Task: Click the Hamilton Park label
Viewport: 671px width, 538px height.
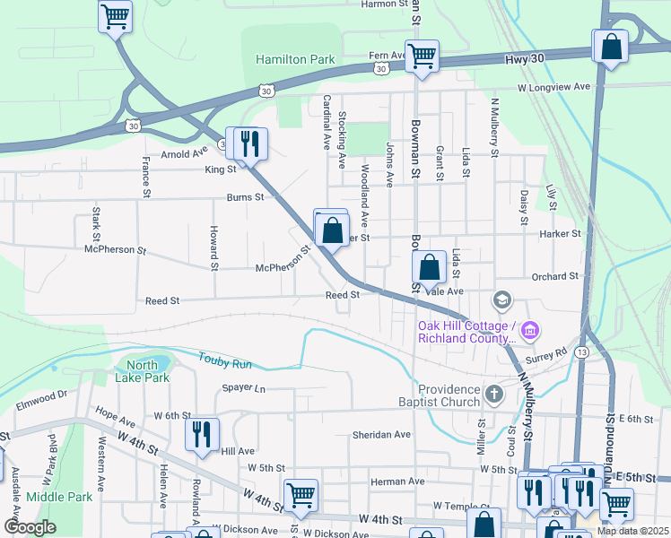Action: point(295,60)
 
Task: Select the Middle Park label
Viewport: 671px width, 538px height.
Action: point(59,496)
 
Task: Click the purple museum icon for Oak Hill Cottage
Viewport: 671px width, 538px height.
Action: point(529,332)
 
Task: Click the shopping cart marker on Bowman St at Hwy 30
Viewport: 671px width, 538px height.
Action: point(422,56)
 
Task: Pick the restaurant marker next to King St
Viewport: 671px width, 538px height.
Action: point(250,143)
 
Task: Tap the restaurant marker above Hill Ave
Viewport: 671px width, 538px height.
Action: point(202,434)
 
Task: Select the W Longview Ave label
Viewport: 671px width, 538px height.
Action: point(554,87)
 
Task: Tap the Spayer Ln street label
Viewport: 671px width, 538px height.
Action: point(244,388)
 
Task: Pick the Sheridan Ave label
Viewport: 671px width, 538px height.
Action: point(381,434)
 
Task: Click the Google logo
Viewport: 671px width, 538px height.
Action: point(30,527)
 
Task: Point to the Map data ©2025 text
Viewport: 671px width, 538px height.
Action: point(632,531)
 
